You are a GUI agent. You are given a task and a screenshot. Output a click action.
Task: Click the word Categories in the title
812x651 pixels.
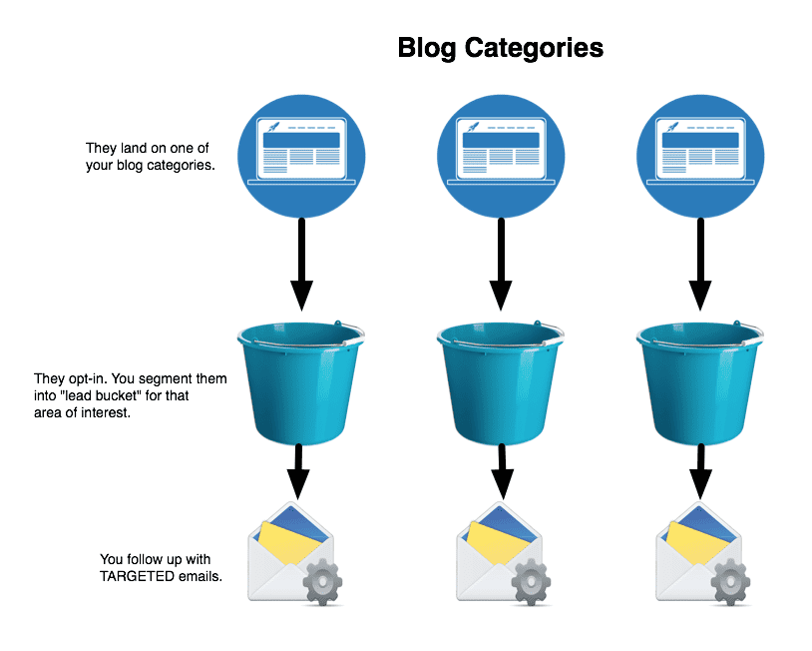[x=534, y=48]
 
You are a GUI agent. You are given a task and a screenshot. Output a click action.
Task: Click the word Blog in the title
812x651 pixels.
[x=427, y=48]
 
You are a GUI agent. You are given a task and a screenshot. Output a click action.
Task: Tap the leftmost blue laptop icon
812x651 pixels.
[x=301, y=156]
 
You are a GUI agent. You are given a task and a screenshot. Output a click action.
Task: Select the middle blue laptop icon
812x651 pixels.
[x=501, y=156]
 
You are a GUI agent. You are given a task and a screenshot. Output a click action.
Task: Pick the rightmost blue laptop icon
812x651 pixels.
[x=700, y=156]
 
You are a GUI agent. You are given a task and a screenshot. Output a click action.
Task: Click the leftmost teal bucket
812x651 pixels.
[x=300, y=382]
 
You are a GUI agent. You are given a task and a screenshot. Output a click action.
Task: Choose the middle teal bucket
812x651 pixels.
[x=500, y=382]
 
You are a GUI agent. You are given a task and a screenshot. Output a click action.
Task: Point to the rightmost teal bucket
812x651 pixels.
[x=699, y=382]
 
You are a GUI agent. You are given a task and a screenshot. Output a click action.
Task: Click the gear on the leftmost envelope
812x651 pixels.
[x=322, y=582]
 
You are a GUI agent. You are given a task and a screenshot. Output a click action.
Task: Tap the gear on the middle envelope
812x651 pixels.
[x=531, y=582]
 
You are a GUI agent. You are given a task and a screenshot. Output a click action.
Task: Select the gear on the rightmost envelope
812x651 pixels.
[x=730, y=582]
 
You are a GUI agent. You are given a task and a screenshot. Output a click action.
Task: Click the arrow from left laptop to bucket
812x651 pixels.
[x=301, y=265]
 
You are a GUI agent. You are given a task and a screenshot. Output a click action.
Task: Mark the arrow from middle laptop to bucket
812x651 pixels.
[x=501, y=265]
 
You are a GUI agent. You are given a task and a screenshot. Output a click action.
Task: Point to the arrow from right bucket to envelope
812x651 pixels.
[x=700, y=471]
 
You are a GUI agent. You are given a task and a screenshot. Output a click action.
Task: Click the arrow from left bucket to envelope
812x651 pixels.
[x=298, y=471]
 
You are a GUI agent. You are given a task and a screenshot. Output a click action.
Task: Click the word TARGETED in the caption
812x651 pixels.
[x=137, y=576]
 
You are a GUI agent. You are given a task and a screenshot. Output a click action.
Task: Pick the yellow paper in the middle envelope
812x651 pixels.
[x=496, y=542]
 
